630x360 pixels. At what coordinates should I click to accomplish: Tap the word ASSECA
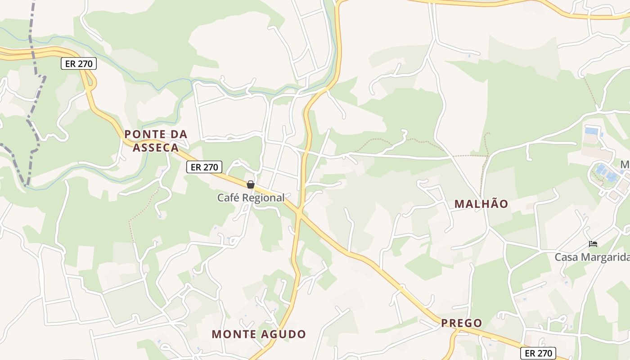(x=156, y=148)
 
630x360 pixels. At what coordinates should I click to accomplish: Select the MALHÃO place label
(x=481, y=204)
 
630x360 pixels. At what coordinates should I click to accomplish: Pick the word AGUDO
(x=285, y=334)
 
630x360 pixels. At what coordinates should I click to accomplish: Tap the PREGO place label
(x=461, y=323)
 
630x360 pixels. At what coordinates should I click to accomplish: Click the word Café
(x=228, y=198)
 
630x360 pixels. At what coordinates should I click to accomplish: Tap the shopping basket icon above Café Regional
(x=251, y=184)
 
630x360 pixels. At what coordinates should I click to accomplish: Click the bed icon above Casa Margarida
(x=593, y=244)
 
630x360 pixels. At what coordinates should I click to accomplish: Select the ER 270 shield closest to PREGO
(x=538, y=353)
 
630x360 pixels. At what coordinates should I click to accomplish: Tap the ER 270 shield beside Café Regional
(x=204, y=167)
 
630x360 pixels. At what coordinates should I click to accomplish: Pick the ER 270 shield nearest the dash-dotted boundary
(x=79, y=63)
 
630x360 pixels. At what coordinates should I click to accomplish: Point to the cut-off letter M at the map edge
(x=625, y=165)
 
